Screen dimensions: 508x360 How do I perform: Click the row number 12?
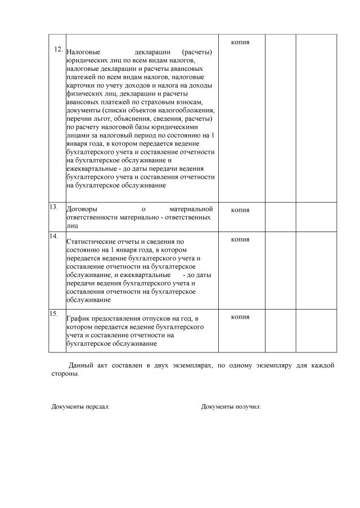[58, 49]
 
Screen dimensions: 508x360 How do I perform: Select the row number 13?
[54, 207]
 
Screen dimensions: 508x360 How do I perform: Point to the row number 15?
[54, 313]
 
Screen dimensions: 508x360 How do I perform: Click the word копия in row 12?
[240, 43]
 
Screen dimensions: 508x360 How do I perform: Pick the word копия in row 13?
[240, 210]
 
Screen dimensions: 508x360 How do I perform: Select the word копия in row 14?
[240, 239]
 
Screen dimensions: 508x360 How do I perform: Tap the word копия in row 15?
[240, 316]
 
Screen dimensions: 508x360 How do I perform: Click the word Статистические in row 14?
[92, 242]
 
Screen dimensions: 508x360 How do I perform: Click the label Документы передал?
[80, 406]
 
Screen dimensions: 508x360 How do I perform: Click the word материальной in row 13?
[191, 210]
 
